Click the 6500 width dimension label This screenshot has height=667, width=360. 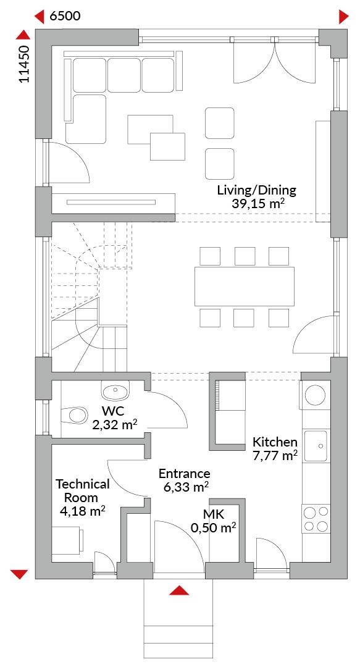tap(65, 17)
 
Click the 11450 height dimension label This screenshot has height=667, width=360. tap(25, 64)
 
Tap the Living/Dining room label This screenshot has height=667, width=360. tap(257, 190)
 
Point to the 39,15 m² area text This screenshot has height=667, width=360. tap(258, 203)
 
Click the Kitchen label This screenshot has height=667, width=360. tap(275, 441)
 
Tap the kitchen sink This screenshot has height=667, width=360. tap(316, 445)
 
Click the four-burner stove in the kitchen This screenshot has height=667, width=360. tap(316, 519)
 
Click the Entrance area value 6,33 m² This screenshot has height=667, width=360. tap(186, 487)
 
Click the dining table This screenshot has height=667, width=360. tap(245, 287)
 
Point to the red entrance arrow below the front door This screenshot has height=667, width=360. tap(179, 590)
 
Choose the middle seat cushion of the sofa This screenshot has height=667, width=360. tap(124, 75)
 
